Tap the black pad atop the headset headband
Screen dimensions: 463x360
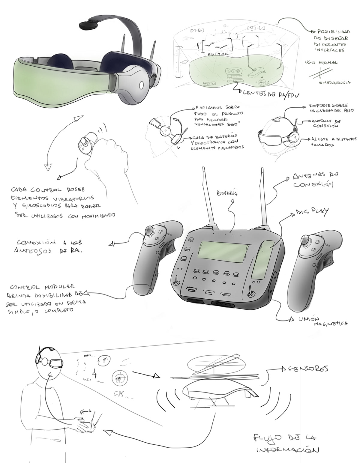(x=90, y=25)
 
